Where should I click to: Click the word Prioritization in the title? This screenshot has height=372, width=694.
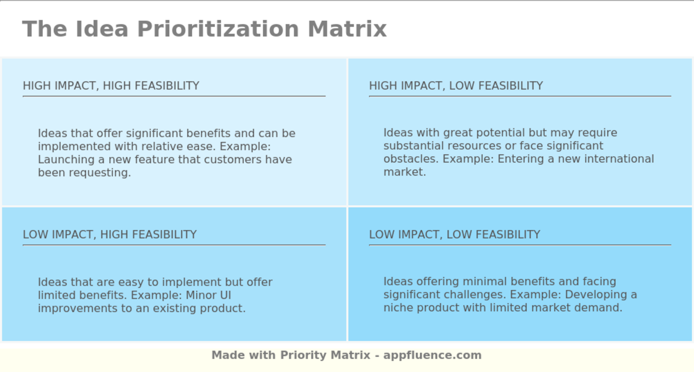tap(218, 29)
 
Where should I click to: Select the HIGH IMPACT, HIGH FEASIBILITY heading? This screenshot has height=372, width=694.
tap(111, 86)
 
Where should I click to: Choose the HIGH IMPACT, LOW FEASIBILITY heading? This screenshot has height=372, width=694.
tap(456, 86)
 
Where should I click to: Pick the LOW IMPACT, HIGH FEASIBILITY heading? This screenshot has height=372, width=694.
tap(110, 235)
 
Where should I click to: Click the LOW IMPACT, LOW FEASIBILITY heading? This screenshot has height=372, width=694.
tap(454, 235)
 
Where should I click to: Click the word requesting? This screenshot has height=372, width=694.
tap(100, 173)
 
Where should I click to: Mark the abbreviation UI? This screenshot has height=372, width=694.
tap(225, 296)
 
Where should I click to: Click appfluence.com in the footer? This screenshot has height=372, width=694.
tap(432, 355)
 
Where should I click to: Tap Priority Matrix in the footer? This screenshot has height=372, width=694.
tap(325, 355)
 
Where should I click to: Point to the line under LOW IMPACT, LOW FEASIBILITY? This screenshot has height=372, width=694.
tap(520, 245)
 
